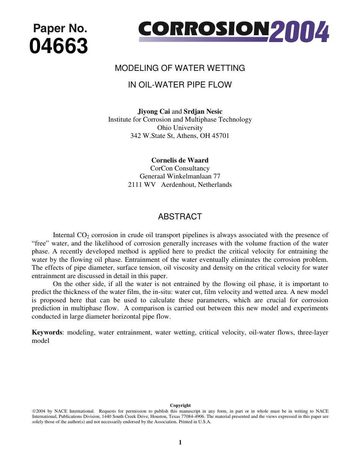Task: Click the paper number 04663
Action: (59, 47)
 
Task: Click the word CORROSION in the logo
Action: (204, 29)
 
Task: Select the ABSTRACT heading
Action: (180, 217)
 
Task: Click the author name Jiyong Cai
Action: (153, 111)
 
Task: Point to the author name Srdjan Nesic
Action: (203, 111)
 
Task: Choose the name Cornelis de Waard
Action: (180, 160)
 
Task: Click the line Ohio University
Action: (180, 128)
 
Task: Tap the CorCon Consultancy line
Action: (180, 168)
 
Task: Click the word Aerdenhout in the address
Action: (178, 185)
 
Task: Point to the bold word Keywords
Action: (47, 332)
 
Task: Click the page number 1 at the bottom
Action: (180, 442)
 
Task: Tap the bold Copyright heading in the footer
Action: (180, 405)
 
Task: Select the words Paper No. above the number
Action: (60, 28)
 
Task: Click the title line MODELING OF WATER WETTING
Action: (180, 68)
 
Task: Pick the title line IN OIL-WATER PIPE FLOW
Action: (180, 85)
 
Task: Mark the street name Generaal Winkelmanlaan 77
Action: (180, 176)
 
